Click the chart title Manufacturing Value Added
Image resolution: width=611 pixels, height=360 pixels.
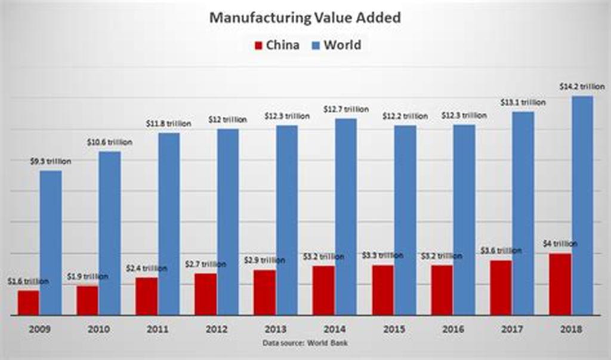[x=304, y=18]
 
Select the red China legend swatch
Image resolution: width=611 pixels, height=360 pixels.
[x=258, y=45]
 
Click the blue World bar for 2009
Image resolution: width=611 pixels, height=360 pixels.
[x=51, y=242]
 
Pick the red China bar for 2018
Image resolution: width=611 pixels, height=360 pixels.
[x=560, y=284]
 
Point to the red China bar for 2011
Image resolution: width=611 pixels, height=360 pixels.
[x=146, y=296]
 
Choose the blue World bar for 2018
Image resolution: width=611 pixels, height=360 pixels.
[x=582, y=205]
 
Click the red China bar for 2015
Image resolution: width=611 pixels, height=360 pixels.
[x=382, y=290]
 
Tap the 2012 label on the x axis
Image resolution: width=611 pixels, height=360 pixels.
[x=217, y=329]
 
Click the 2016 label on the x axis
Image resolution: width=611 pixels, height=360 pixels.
[x=453, y=329]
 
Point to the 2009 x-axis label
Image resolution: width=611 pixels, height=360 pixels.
[x=40, y=329]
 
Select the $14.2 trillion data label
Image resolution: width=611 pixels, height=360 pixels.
[x=582, y=87]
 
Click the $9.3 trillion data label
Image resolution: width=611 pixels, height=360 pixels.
[x=51, y=161]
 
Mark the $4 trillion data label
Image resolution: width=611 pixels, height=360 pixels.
[x=560, y=244]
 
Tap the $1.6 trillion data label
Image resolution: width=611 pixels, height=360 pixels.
[x=29, y=281]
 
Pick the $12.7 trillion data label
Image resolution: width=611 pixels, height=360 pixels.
[x=345, y=109]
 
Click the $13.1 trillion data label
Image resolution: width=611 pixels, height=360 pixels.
[x=523, y=102]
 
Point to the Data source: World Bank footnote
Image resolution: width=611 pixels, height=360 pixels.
[x=304, y=343]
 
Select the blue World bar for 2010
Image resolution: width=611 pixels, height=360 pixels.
[x=109, y=233]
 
